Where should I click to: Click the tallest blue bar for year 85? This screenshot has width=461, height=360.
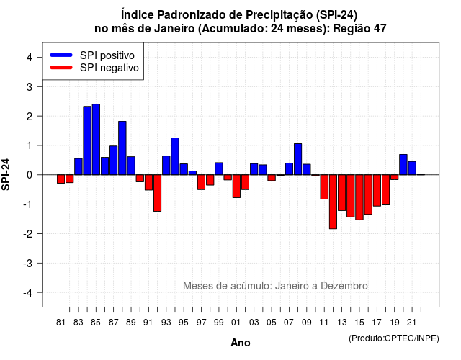pyautogui.click(x=96, y=139)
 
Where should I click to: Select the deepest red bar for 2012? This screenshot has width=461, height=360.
pyautogui.click(x=333, y=202)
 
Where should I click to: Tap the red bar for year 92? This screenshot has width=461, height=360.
pyautogui.click(x=157, y=193)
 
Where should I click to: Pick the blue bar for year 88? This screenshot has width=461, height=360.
pyautogui.click(x=122, y=148)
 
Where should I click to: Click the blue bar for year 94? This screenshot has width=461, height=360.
pyautogui.click(x=175, y=156)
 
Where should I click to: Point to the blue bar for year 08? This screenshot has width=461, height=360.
pyautogui.click(x=297, y=159)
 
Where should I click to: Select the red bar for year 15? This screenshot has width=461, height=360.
pyautogui.click(x=359, y=197)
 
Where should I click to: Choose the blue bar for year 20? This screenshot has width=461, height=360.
pyautogui.click(x=403, y=165)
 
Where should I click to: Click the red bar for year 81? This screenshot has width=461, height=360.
pyautogui.click(x=61, y=179)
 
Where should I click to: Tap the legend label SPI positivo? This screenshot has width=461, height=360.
pyautogui.click(x=107, y=55)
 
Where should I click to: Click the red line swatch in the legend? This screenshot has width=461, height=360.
pyautogui.click(x=61, y=67)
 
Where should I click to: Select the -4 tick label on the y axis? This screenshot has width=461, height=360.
pyautogui.click(x=28, y=293)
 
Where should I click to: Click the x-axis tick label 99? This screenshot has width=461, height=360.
pyautogui.click(x=219, y=323)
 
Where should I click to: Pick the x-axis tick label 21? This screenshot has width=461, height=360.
pyautogui.click(x=412, y=323)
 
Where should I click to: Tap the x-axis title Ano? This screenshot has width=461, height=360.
pyautogui.click(x=241, y=343)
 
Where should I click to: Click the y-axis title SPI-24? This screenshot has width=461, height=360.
pyautogui.click(x=6, y=174)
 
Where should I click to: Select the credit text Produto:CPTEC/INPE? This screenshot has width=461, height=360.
pyautogui.click(x=394, y=338)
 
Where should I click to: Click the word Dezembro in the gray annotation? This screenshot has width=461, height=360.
pyautogui.click(x=344, y=286)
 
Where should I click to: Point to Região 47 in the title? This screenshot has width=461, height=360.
pyautogui.click(x=359, y=29)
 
